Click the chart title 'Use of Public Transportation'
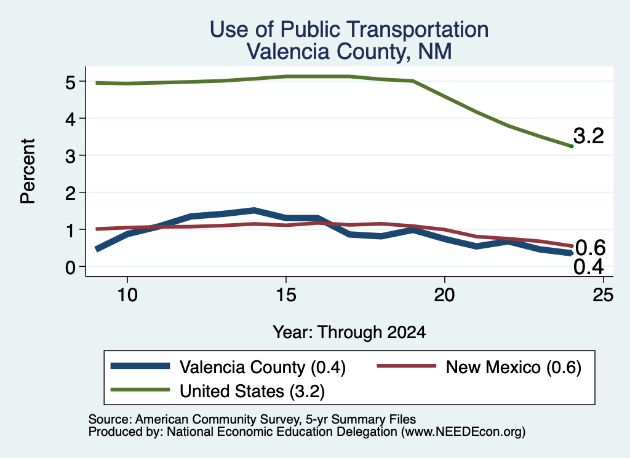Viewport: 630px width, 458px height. [349, 30]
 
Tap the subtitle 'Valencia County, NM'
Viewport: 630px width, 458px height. [349, 52]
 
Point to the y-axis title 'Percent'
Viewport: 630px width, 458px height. [28, 171]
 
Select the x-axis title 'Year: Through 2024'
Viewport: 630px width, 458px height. [349, 333]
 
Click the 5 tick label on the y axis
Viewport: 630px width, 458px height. [71, 83]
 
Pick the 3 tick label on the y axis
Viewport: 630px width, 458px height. [71, 157]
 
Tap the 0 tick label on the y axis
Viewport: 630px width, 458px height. [71, 268]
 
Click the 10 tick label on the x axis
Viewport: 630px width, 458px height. [127, 295]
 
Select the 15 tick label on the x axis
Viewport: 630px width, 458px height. [286, 295]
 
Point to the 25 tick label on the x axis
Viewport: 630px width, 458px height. [603, 295]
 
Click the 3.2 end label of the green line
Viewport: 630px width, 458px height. [589, 136]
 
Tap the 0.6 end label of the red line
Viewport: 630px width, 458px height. [590, 248]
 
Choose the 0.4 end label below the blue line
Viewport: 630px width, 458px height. [589, 267]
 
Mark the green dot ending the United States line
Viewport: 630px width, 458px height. [572, 146]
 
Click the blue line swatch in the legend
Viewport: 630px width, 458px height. [140, 366]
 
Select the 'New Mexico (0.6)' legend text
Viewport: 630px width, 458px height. [514, 367]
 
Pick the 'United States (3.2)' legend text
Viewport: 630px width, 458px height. [252, 391]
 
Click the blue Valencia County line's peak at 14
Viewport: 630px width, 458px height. [254, 210]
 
